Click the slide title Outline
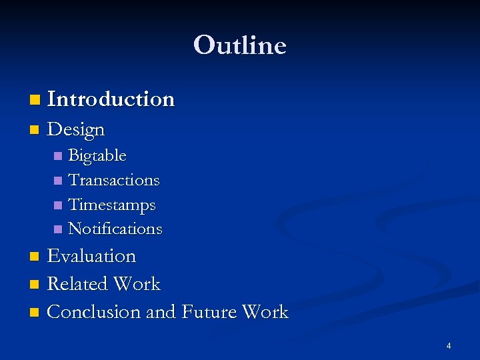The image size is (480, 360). click(x=240, y=45)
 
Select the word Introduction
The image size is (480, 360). click(x=111, y=99)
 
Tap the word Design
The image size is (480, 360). click(x=76, y=129)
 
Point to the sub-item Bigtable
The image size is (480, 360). click(x=97, y=156)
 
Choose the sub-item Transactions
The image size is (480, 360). click(x=114, y=180)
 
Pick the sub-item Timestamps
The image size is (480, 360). click(x=112, y=205)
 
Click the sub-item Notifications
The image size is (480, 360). click(x=115, y=229)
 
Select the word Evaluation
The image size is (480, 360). click(x=91, y=256)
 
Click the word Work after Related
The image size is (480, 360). click(x=137, y=284)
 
